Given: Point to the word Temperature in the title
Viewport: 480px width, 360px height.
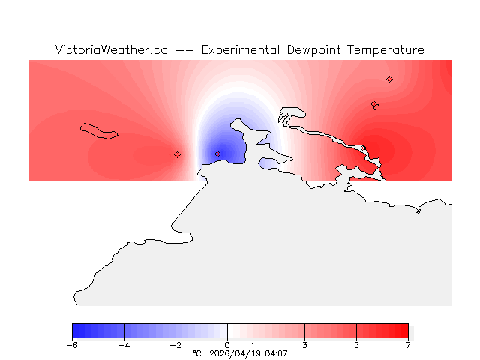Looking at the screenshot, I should tap(387, 50).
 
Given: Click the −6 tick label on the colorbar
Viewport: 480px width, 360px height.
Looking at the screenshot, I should tap(72, 345).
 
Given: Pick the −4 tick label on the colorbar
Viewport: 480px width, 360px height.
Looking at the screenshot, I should tap(124, 345).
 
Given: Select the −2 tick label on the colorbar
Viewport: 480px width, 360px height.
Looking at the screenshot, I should tap(175, 345).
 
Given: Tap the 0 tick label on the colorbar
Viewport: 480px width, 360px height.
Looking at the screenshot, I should tap(227, 345).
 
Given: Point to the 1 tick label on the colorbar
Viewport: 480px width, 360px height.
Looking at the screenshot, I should tap(253, 345).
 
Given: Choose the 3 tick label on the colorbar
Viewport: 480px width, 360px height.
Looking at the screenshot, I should tap(304, 345).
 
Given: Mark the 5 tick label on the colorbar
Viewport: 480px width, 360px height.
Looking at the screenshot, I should tap(356, 345).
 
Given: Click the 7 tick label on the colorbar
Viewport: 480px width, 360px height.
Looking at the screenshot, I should tap(408, 345).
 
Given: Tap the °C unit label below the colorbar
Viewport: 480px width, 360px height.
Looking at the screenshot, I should tap(197, 353).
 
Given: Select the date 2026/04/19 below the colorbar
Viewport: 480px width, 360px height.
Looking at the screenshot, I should tap(236, 353).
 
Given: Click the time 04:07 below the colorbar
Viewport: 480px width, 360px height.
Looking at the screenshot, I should tap(276, 353).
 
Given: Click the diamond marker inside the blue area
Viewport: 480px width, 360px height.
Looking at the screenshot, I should tap(218, 154).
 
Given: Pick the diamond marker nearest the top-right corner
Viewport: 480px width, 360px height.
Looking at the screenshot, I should tap(389, 79).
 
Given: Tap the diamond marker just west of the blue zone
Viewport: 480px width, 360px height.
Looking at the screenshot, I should tap(177, 154).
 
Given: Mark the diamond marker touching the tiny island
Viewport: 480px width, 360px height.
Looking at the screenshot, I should tap(373, 104).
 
